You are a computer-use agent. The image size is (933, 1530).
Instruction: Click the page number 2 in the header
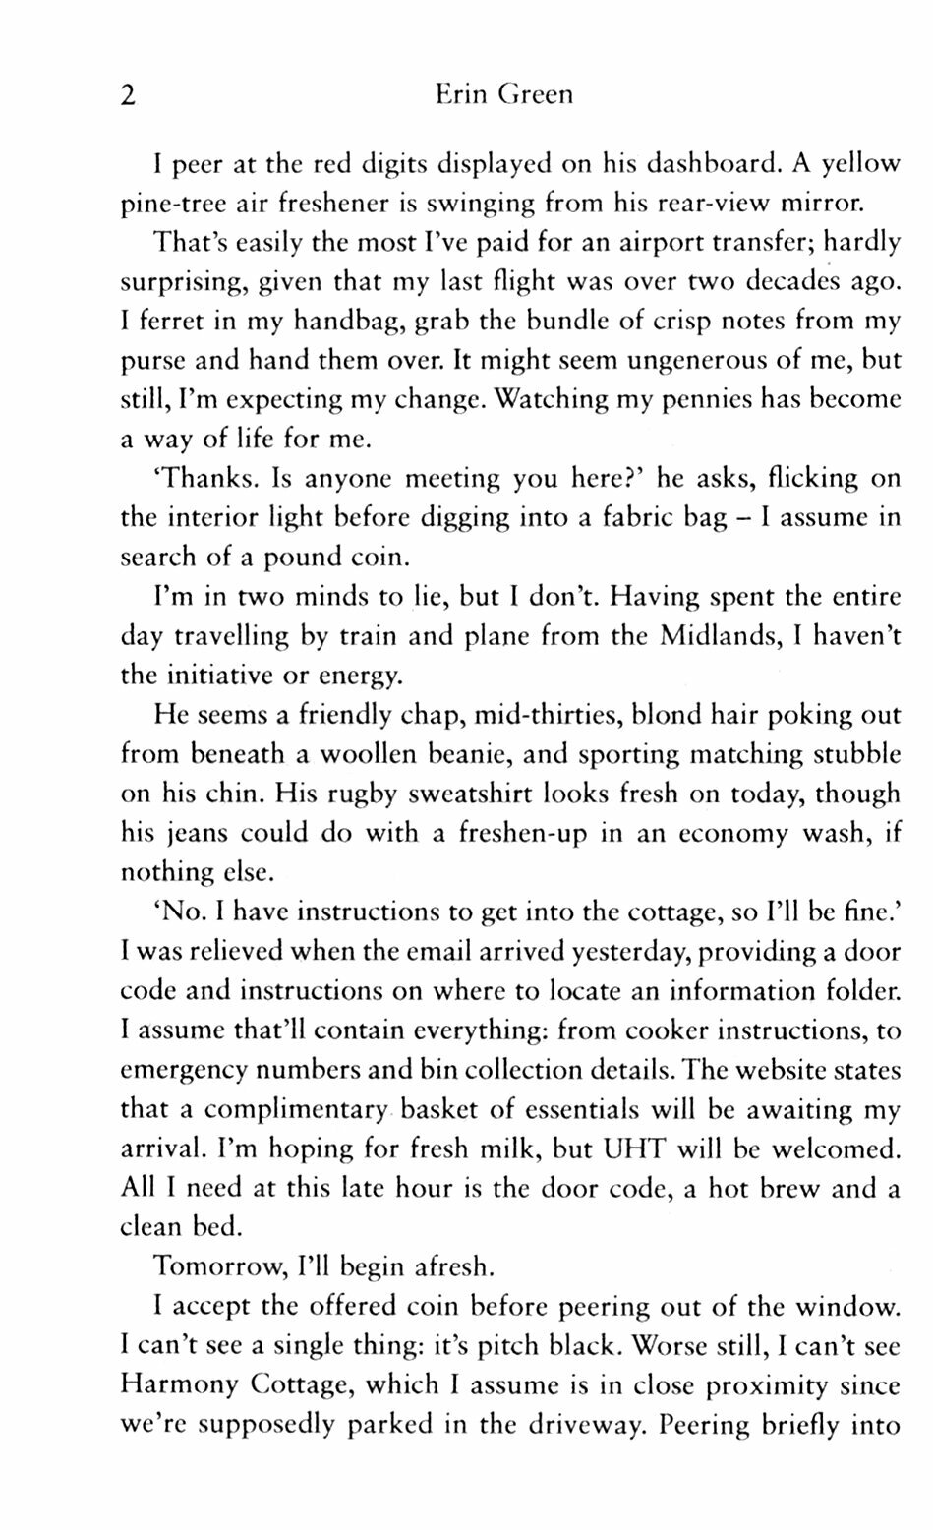pos(127,96)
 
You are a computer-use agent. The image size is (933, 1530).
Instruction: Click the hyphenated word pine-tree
pos(172,205)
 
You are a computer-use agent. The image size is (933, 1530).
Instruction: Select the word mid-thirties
pos(546,715)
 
